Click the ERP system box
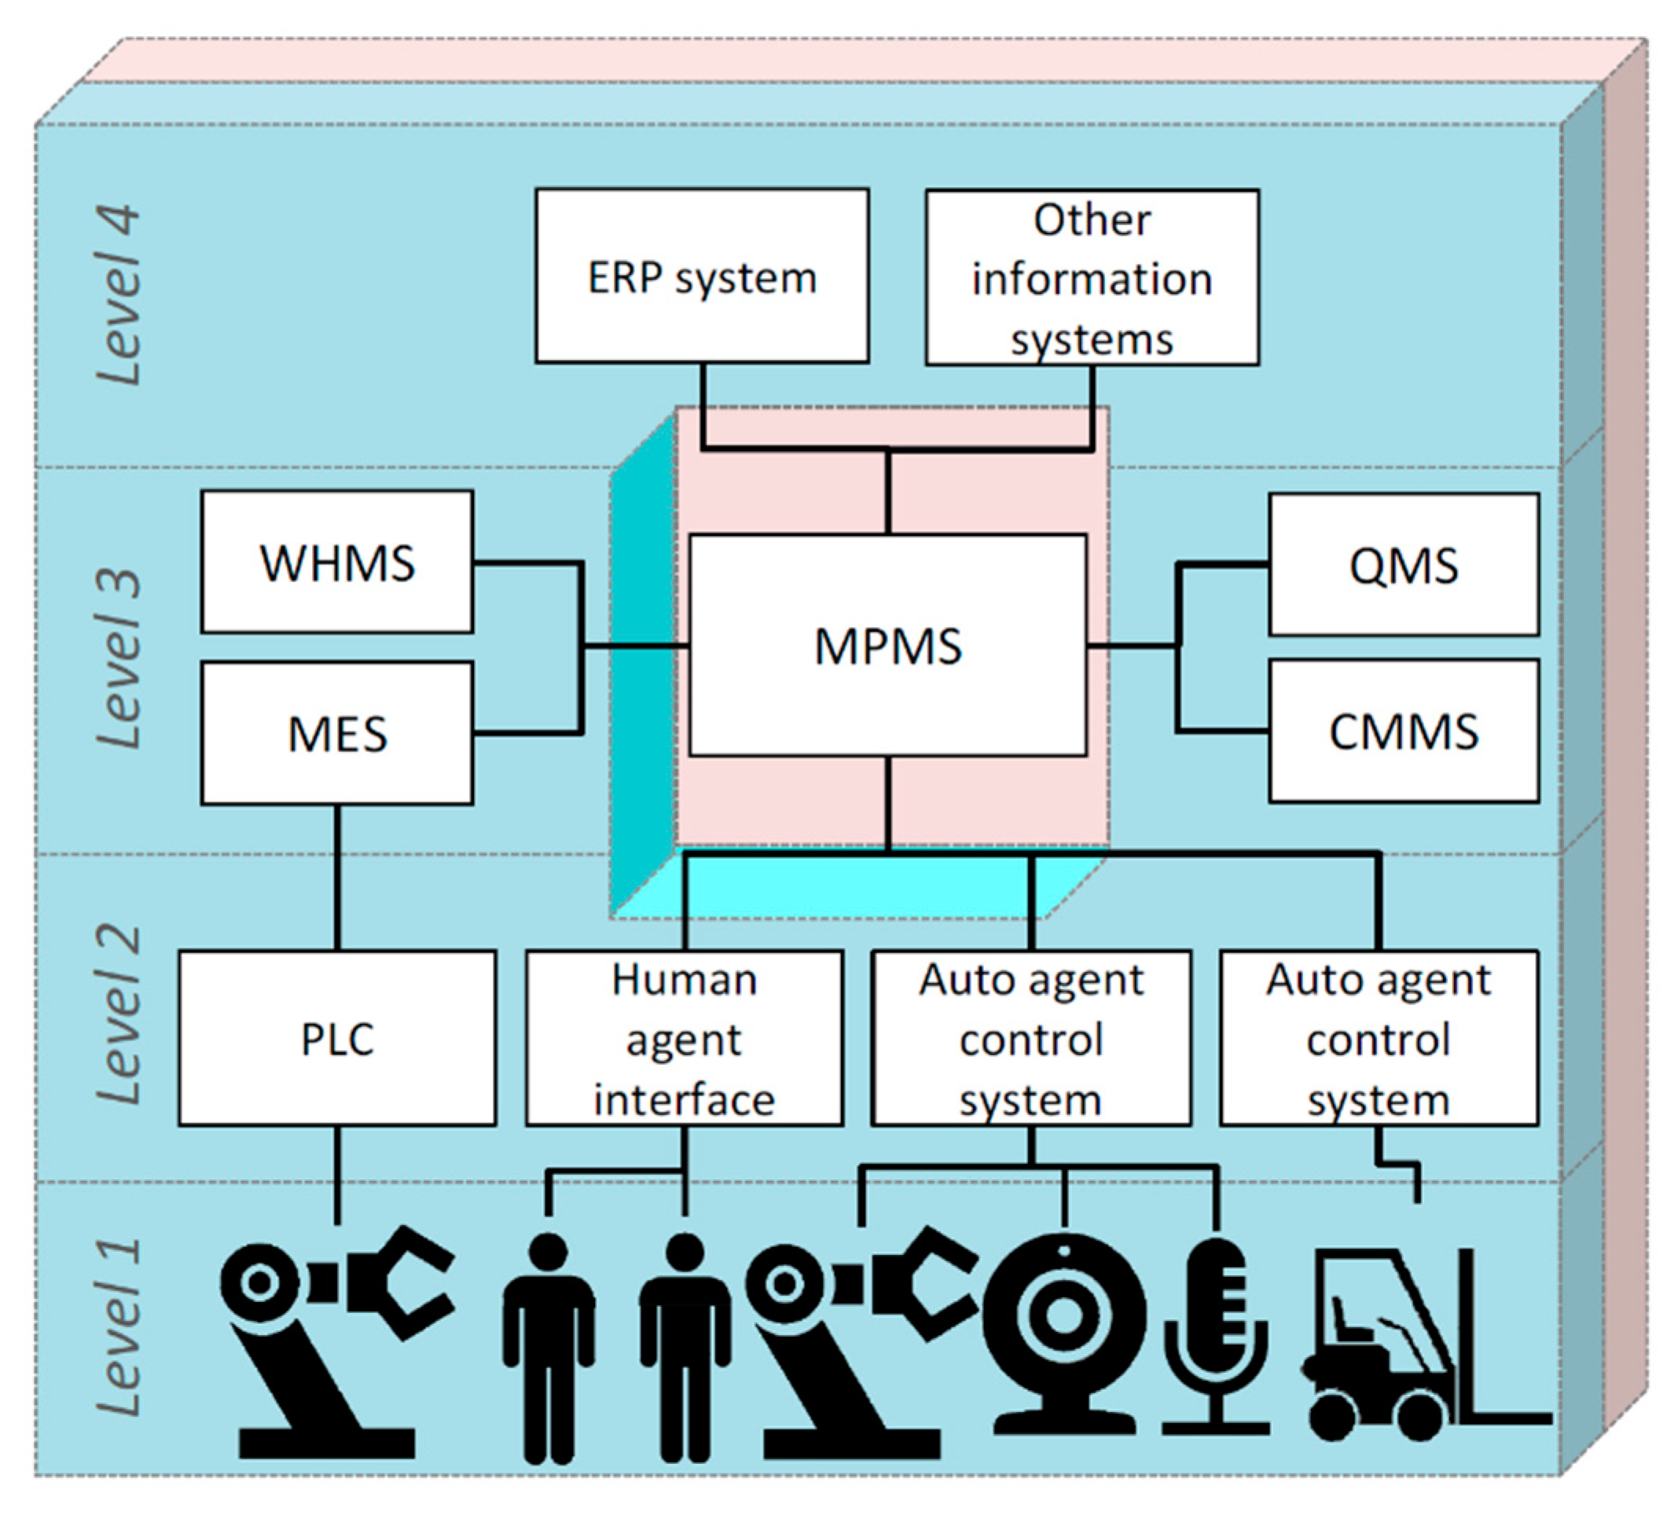(703, 275)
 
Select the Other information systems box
(1092, 277)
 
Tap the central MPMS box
(888, 645)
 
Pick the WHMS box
(337, 562)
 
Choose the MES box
(337, 733)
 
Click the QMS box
(1404, 565)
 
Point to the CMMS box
(1404, 732)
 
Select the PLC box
(337, 1038)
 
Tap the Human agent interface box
(685, 1038)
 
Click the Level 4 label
(118, 295)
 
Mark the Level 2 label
(118, 1015)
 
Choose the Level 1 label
(118, 1328)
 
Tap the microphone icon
(1215, 1336)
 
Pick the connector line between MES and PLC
(337, 877)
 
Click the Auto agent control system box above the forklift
(1379, 1038)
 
